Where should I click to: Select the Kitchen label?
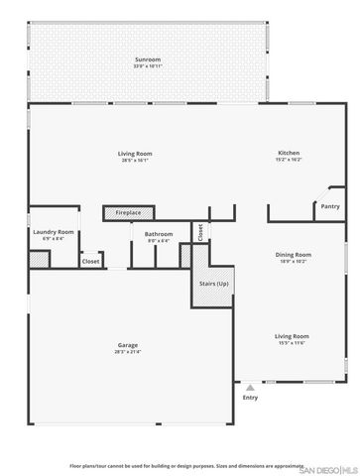tap(289, 153)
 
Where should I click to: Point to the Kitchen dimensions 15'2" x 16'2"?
tap(289, 160)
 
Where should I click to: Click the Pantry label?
tap(329, 206)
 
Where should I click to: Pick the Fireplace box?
tap(128, 212)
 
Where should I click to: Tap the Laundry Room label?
tap(54, 232)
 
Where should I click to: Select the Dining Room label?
tap(294, 255)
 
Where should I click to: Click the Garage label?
tap(128, 345)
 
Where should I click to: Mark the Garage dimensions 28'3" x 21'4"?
tap(128, 352)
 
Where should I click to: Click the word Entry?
tap(250, 397)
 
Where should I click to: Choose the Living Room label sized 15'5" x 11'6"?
tap(293, 336)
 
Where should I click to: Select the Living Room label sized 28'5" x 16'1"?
tap(135, 153)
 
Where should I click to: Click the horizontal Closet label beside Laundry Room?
tap(90, 261)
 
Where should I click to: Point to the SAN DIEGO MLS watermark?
tap(332, 468)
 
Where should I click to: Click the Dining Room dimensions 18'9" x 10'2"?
tap(294, 262)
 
